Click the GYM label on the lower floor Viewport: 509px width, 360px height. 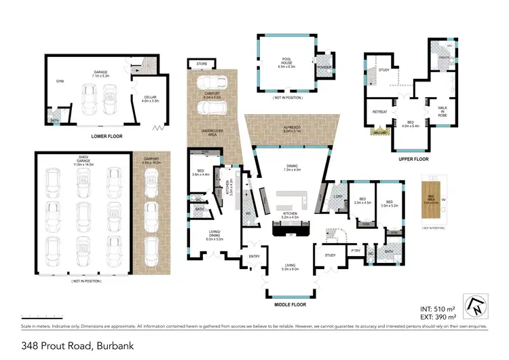pyautogui.click(x=60, y=80)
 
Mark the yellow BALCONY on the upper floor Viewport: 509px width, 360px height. pyautogui.click(x=380, y=132)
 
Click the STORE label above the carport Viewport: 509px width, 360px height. pyautogui.click(x=202, y=64)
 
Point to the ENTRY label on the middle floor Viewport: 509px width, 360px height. pyautogui.click(x=254, y=256)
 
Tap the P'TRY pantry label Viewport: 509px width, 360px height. pyautogui.click(x=355, y=251)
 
